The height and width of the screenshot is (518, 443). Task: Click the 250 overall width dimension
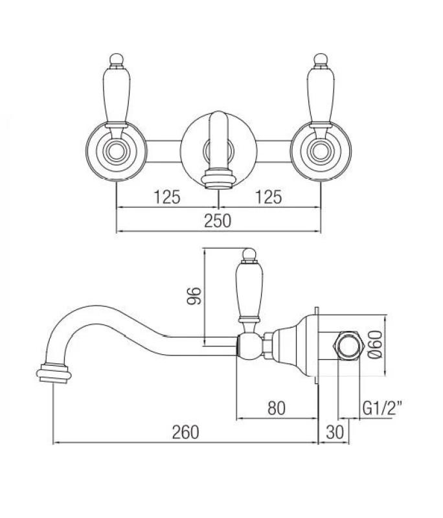tap(218, 221)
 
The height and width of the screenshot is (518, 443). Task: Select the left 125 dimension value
tap(166, 197)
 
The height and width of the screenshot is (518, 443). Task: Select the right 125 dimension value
tap(269, 197)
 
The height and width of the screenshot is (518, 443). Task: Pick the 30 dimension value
tap(334, 432)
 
